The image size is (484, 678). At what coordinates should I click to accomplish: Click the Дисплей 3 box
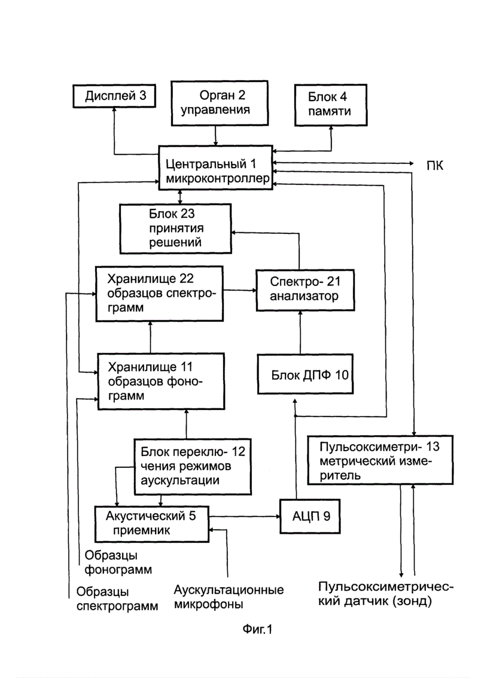point(114,96)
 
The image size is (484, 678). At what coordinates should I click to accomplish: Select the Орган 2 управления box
point(220,103)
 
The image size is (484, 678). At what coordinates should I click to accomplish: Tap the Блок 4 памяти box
point(331,105)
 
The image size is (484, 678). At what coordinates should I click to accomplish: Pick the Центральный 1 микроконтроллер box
point(215,168)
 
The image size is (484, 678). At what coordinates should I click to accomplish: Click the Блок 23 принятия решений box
point(175,229)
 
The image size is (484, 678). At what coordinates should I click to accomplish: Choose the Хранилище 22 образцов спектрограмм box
point(160,294)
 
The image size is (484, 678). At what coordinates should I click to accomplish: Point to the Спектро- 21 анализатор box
point(305,290)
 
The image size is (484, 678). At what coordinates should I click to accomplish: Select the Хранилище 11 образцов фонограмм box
point(161,381)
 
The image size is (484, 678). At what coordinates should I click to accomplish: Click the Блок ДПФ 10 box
point(306,374)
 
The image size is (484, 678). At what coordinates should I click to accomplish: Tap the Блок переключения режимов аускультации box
point(192,467)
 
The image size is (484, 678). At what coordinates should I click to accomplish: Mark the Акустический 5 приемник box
point(152,524)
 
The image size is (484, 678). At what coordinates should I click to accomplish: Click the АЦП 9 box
point(310,516)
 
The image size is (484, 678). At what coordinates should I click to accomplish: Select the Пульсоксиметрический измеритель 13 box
point(380,460)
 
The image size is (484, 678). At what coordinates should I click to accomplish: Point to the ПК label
point(435,166)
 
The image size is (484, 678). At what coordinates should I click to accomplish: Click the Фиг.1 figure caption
point(258,629)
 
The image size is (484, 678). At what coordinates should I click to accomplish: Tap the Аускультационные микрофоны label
point(229,597)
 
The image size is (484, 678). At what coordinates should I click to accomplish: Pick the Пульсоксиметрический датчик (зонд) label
point(386,594)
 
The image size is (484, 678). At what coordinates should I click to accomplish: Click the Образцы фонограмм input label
point(118,562)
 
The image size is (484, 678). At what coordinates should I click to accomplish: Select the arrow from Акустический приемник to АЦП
point(244,516)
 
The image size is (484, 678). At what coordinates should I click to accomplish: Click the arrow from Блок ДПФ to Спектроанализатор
point(300,333)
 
